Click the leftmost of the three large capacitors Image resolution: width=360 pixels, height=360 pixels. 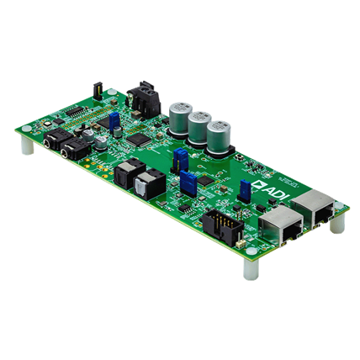[179, 114]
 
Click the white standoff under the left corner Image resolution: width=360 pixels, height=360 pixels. [29, 149]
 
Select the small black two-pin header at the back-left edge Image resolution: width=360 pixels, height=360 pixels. [98, 87]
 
